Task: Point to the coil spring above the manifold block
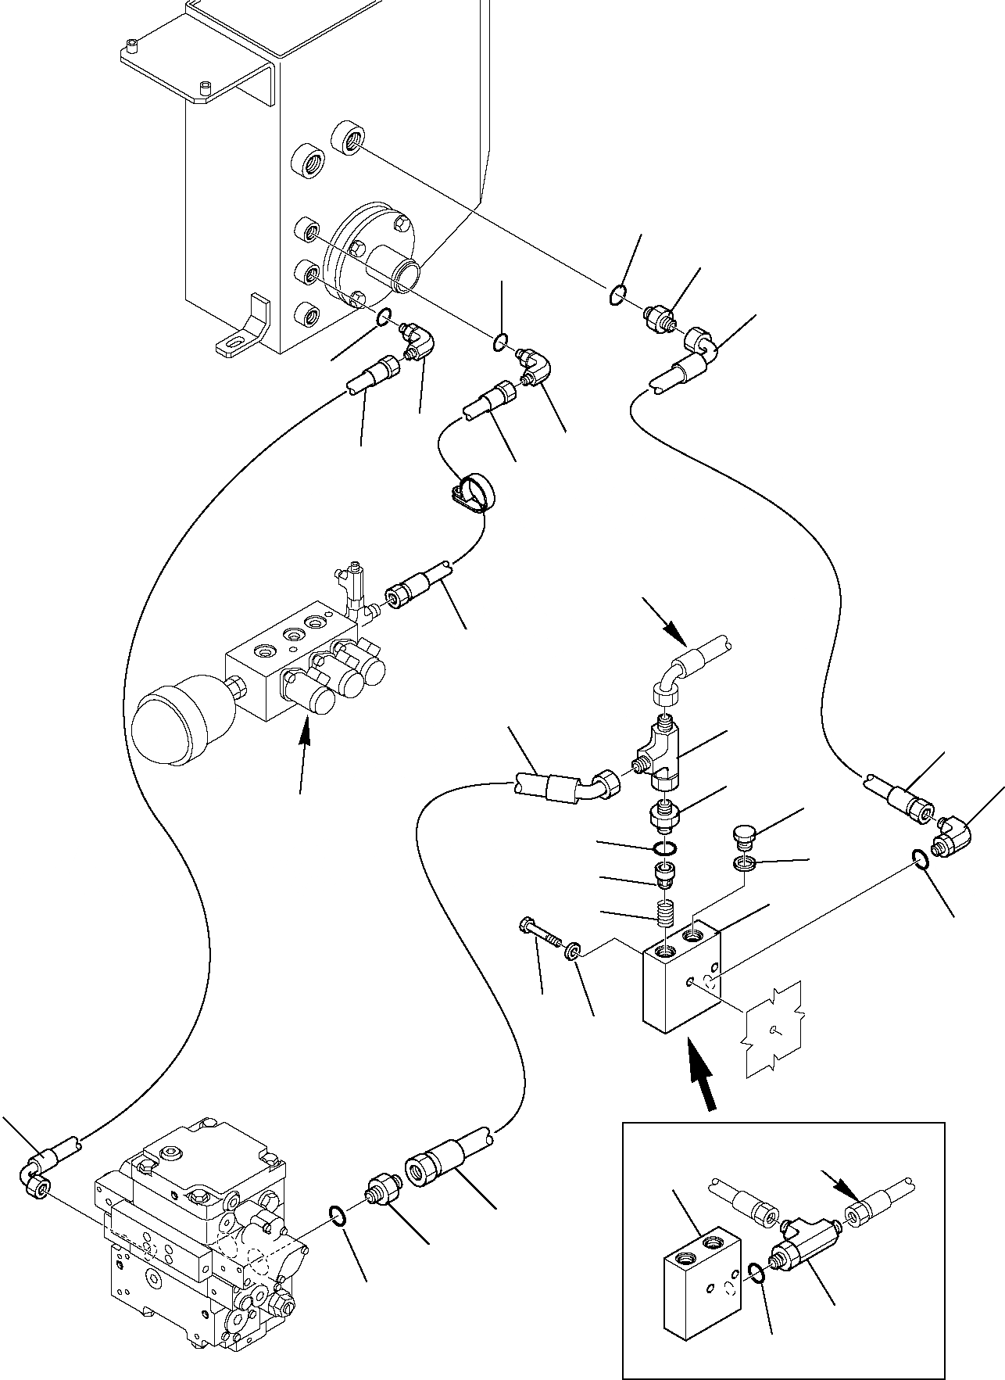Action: pos(664,911)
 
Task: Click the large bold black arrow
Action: pos(703,1079)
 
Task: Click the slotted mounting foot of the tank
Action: pos(241,328)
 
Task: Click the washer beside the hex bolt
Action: pos(574,952)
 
